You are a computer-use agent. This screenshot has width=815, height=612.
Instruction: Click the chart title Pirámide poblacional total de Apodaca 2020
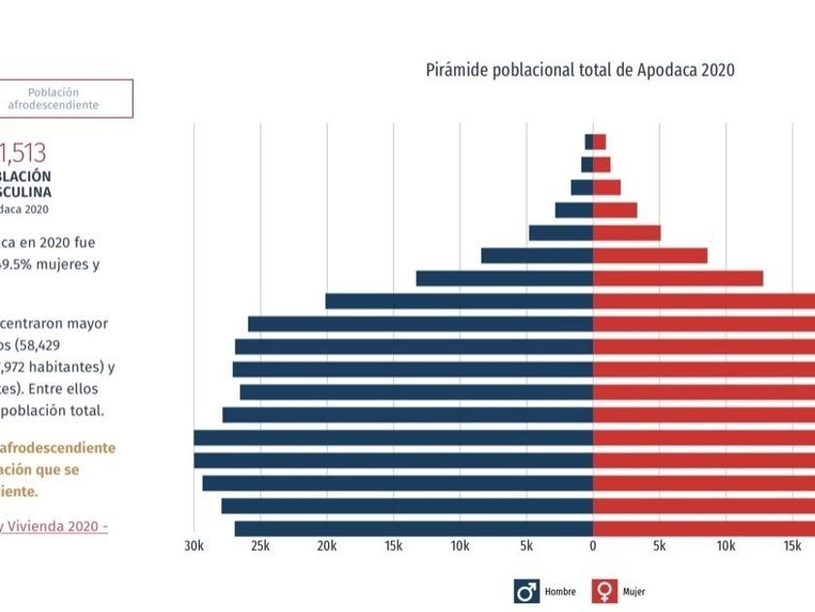(x=580, y=70)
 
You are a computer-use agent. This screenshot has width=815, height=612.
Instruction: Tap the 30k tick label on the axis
(x=195, y=547)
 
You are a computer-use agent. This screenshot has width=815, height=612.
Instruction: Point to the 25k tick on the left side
(x=261, y=547)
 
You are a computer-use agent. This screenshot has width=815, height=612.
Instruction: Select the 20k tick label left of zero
(x=328, y=547)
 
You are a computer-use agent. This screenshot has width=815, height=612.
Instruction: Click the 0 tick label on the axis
(x=593, y=547)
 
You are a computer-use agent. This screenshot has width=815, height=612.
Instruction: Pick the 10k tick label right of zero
(x=726, y=547)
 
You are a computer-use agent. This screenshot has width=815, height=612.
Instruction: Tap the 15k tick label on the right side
(x=793, y=547)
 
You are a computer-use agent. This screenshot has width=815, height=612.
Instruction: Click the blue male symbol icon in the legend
(x=527, y=591)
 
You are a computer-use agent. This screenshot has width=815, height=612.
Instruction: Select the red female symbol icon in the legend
(x=607, y=591)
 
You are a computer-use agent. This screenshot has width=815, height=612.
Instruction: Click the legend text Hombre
(x=560, y=592)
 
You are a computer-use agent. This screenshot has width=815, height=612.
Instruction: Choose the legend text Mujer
(x=634, y=592)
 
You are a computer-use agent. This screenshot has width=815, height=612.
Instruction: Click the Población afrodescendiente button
(x=64, y=98)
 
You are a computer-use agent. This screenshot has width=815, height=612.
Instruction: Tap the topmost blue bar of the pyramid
(x=589, y=142)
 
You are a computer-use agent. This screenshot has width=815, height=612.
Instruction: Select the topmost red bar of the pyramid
(x=600, y=142)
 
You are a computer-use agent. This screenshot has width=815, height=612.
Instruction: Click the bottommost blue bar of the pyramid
(x=413, y=528)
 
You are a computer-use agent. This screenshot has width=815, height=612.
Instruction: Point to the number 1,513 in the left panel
(x=23, y=153)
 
